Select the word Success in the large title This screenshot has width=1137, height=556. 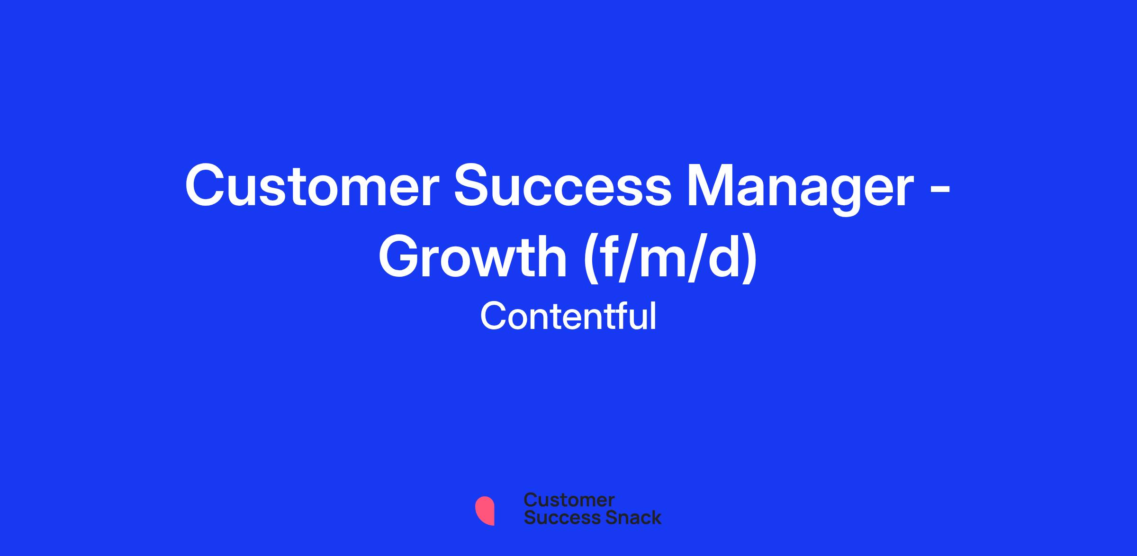coord(562,186)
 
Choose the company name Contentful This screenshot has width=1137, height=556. coord(568,316)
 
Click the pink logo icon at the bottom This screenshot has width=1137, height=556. coord(485,510)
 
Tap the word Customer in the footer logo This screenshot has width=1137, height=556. coord(569,500)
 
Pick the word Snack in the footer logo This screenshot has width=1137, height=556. coord(627,517)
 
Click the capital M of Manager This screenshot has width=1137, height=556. coord(711,186)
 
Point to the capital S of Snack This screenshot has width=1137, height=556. coord(599,517)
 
